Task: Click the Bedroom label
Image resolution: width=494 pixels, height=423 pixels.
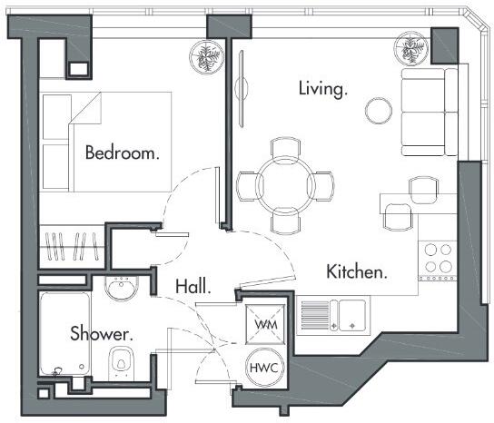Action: tap(122, 152)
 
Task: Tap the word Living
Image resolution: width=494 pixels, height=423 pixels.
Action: tap(323, 89)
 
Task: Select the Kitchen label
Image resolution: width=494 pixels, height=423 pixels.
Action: tap(358, 271)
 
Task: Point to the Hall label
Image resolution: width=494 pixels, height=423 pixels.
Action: tap(193, 287)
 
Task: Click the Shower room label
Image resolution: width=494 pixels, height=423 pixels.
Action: tap(102, 334)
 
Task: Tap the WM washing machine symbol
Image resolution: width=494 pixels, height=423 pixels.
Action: tap(266, 324)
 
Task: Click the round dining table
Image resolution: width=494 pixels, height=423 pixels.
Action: tap(285, 184)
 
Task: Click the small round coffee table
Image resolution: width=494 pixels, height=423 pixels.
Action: tap(378, 111)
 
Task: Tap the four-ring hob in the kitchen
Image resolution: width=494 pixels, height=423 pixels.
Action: tap(437, 257)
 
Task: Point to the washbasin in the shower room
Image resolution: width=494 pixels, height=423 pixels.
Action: tap(120, 290)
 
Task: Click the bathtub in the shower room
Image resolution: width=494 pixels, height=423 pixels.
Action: tap(64, 334)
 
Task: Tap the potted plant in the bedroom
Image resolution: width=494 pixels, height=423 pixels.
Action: tap(204, 56)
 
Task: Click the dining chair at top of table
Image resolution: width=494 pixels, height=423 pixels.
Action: tap(285, 148)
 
